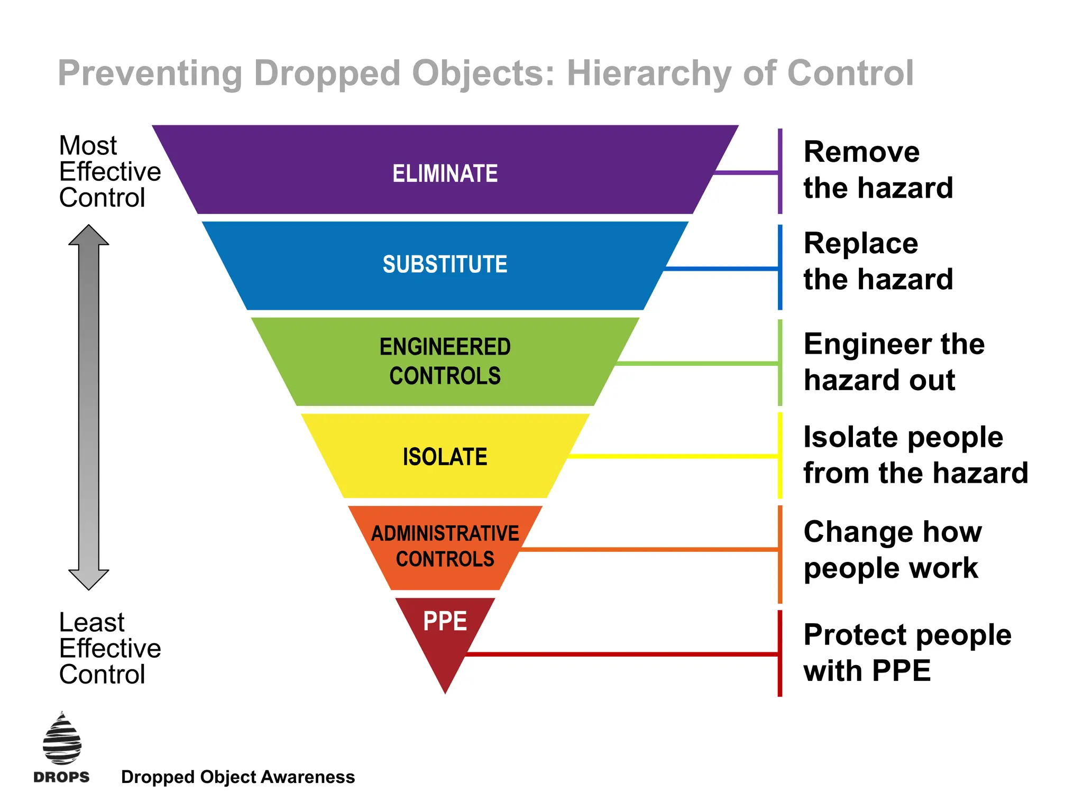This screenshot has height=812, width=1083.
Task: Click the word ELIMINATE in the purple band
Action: point(445,173)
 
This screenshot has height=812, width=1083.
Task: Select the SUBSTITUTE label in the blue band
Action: point(445,264)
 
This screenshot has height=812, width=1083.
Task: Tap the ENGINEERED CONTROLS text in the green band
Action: point(445,362)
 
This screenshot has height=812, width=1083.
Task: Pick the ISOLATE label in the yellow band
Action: point(445,457)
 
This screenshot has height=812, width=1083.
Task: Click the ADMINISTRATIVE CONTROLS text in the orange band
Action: point(445,546)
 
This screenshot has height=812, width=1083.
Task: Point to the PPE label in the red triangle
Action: point(445,621)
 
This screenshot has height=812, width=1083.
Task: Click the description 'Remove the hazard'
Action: point(878,170)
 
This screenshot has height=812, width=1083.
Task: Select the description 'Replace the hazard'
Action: point(878,261)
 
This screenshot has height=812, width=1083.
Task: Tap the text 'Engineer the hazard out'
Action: point(894,362)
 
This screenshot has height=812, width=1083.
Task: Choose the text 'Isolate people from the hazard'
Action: point(915,455)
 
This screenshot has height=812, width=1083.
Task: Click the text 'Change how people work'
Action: point(893,550)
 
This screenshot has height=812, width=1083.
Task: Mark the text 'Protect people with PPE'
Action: point(907,652)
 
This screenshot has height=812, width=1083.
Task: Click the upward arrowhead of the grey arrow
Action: point(89,236)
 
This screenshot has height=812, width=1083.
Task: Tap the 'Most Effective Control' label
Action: point(109,171)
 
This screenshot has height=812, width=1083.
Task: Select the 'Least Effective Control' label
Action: point(109,648)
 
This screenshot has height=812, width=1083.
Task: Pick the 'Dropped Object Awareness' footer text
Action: point(238,777)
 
